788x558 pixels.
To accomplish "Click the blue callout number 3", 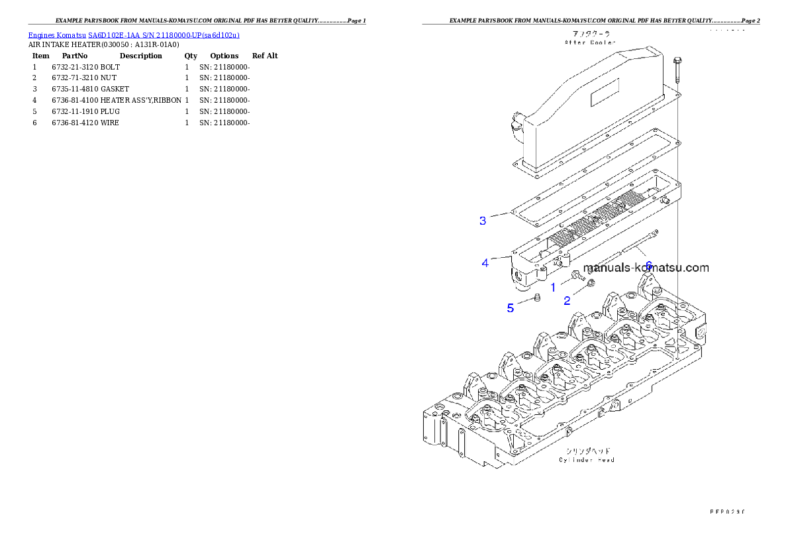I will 483,221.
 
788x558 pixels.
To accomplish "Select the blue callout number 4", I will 485,263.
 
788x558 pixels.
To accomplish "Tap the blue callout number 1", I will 554,288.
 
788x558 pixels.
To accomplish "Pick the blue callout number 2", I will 567,300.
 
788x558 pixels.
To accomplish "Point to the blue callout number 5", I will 511,308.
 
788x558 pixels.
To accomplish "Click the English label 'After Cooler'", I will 590,42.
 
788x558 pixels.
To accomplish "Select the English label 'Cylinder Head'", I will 587,459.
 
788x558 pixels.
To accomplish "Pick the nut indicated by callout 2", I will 591,284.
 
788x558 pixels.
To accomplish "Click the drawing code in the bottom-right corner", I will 726,512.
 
